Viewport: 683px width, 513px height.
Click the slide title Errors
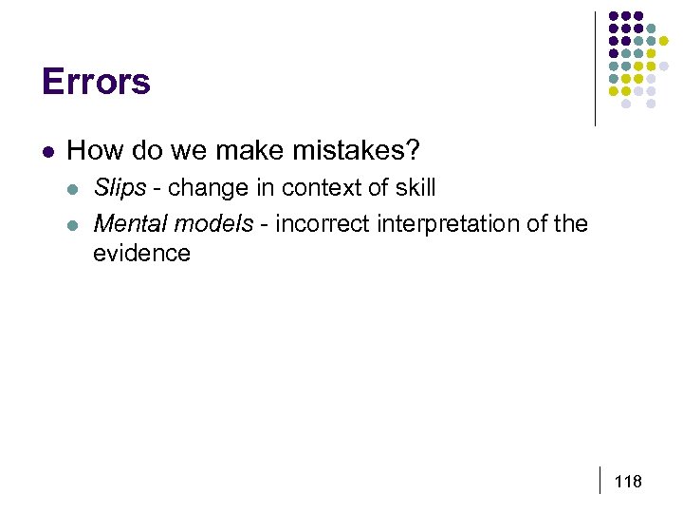[x=96, y=82]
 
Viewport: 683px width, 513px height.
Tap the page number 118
[x=628, y=482]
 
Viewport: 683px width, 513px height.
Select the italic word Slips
[x=120, y=187]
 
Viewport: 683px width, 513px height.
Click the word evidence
[x=141, y=254]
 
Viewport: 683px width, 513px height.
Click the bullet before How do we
[x=48, y=151]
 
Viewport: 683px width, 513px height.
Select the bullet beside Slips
[x=74, y=188]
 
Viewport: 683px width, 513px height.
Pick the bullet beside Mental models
[x=74, y=225]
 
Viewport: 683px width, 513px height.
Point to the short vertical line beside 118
[x=600, y=480]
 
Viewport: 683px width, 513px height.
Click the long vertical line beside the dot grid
[x=595, y=68]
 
